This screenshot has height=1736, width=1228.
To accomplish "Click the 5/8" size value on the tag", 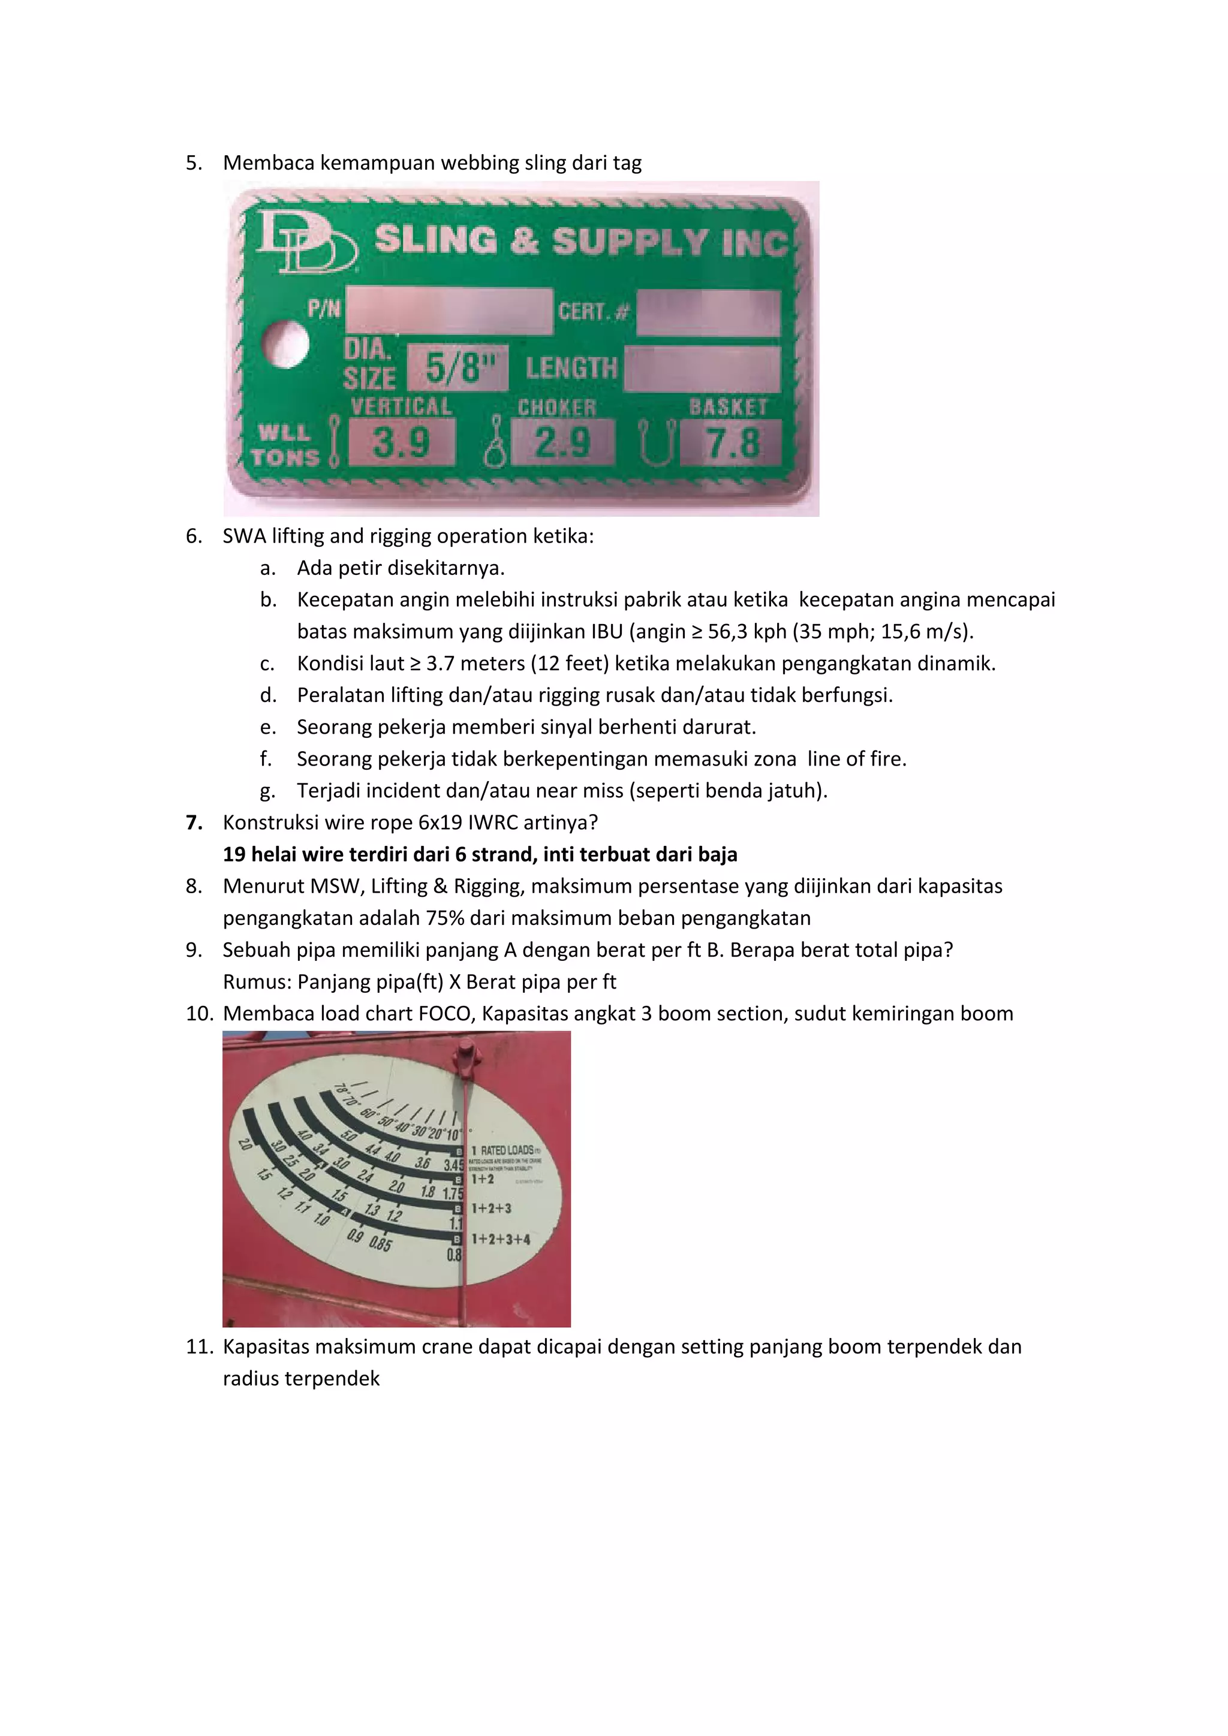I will pyautogui.click(x=458, y=368).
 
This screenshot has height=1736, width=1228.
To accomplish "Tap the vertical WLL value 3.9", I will pyautogui.click(x=402, y=442).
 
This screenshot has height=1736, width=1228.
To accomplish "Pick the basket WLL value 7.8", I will pyautogui.click(x=731, y=442).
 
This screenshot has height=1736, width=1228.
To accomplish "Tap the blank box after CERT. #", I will pyautogui.click(x=708, y=312).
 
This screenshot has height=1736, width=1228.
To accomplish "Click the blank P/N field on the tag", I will pyautogui.click(x=449, y=311).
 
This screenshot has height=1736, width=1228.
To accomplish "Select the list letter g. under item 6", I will pyautogui.click(x=267, y=791).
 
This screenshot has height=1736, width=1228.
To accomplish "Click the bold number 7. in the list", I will pyautogui.click(x=194, y=822).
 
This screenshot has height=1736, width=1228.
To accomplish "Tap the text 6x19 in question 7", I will pyautogui.click(x=443, y=822).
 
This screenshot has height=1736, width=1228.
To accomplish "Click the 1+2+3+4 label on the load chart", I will pyautogui.click(x=501, y=1239).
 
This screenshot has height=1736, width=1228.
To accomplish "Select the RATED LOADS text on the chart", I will pyautogui.click(x=507, y=1150).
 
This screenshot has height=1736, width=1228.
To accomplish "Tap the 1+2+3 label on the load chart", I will pyautogui.click(x=492, y=1208).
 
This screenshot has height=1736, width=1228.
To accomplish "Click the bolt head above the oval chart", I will pyautogui.click(x=466, y=1053).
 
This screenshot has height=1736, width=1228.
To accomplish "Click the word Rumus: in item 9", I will pyautogui.click(x=257, y=981).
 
